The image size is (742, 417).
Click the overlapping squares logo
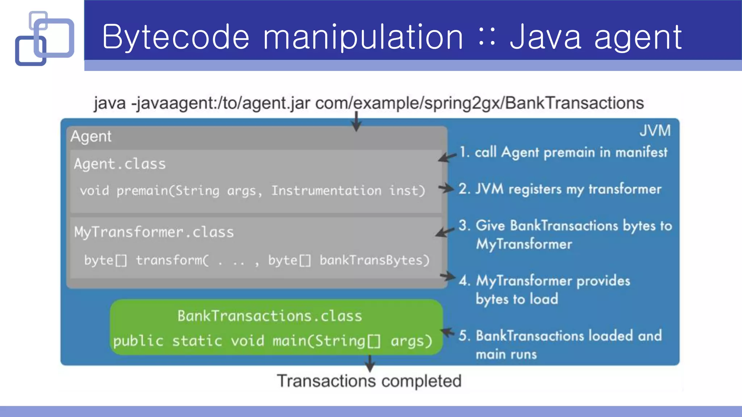point(44,38)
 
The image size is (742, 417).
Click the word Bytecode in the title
point(176,37)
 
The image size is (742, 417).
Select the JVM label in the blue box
point(655,131)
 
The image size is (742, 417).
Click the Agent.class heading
point(120,164)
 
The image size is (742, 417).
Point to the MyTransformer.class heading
point(154,232)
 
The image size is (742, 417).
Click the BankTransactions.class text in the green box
point(270,316)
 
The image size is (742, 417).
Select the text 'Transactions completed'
point(369,381)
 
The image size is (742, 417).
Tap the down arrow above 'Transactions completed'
point(370,363)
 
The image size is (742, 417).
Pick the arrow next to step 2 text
point(446,188)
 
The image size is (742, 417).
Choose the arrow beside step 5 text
point(447,332)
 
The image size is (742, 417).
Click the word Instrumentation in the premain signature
point(326,191)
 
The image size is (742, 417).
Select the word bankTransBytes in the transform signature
point(374,260)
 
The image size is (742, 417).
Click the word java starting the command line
point(110,103)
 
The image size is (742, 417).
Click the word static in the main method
point(197,341)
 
